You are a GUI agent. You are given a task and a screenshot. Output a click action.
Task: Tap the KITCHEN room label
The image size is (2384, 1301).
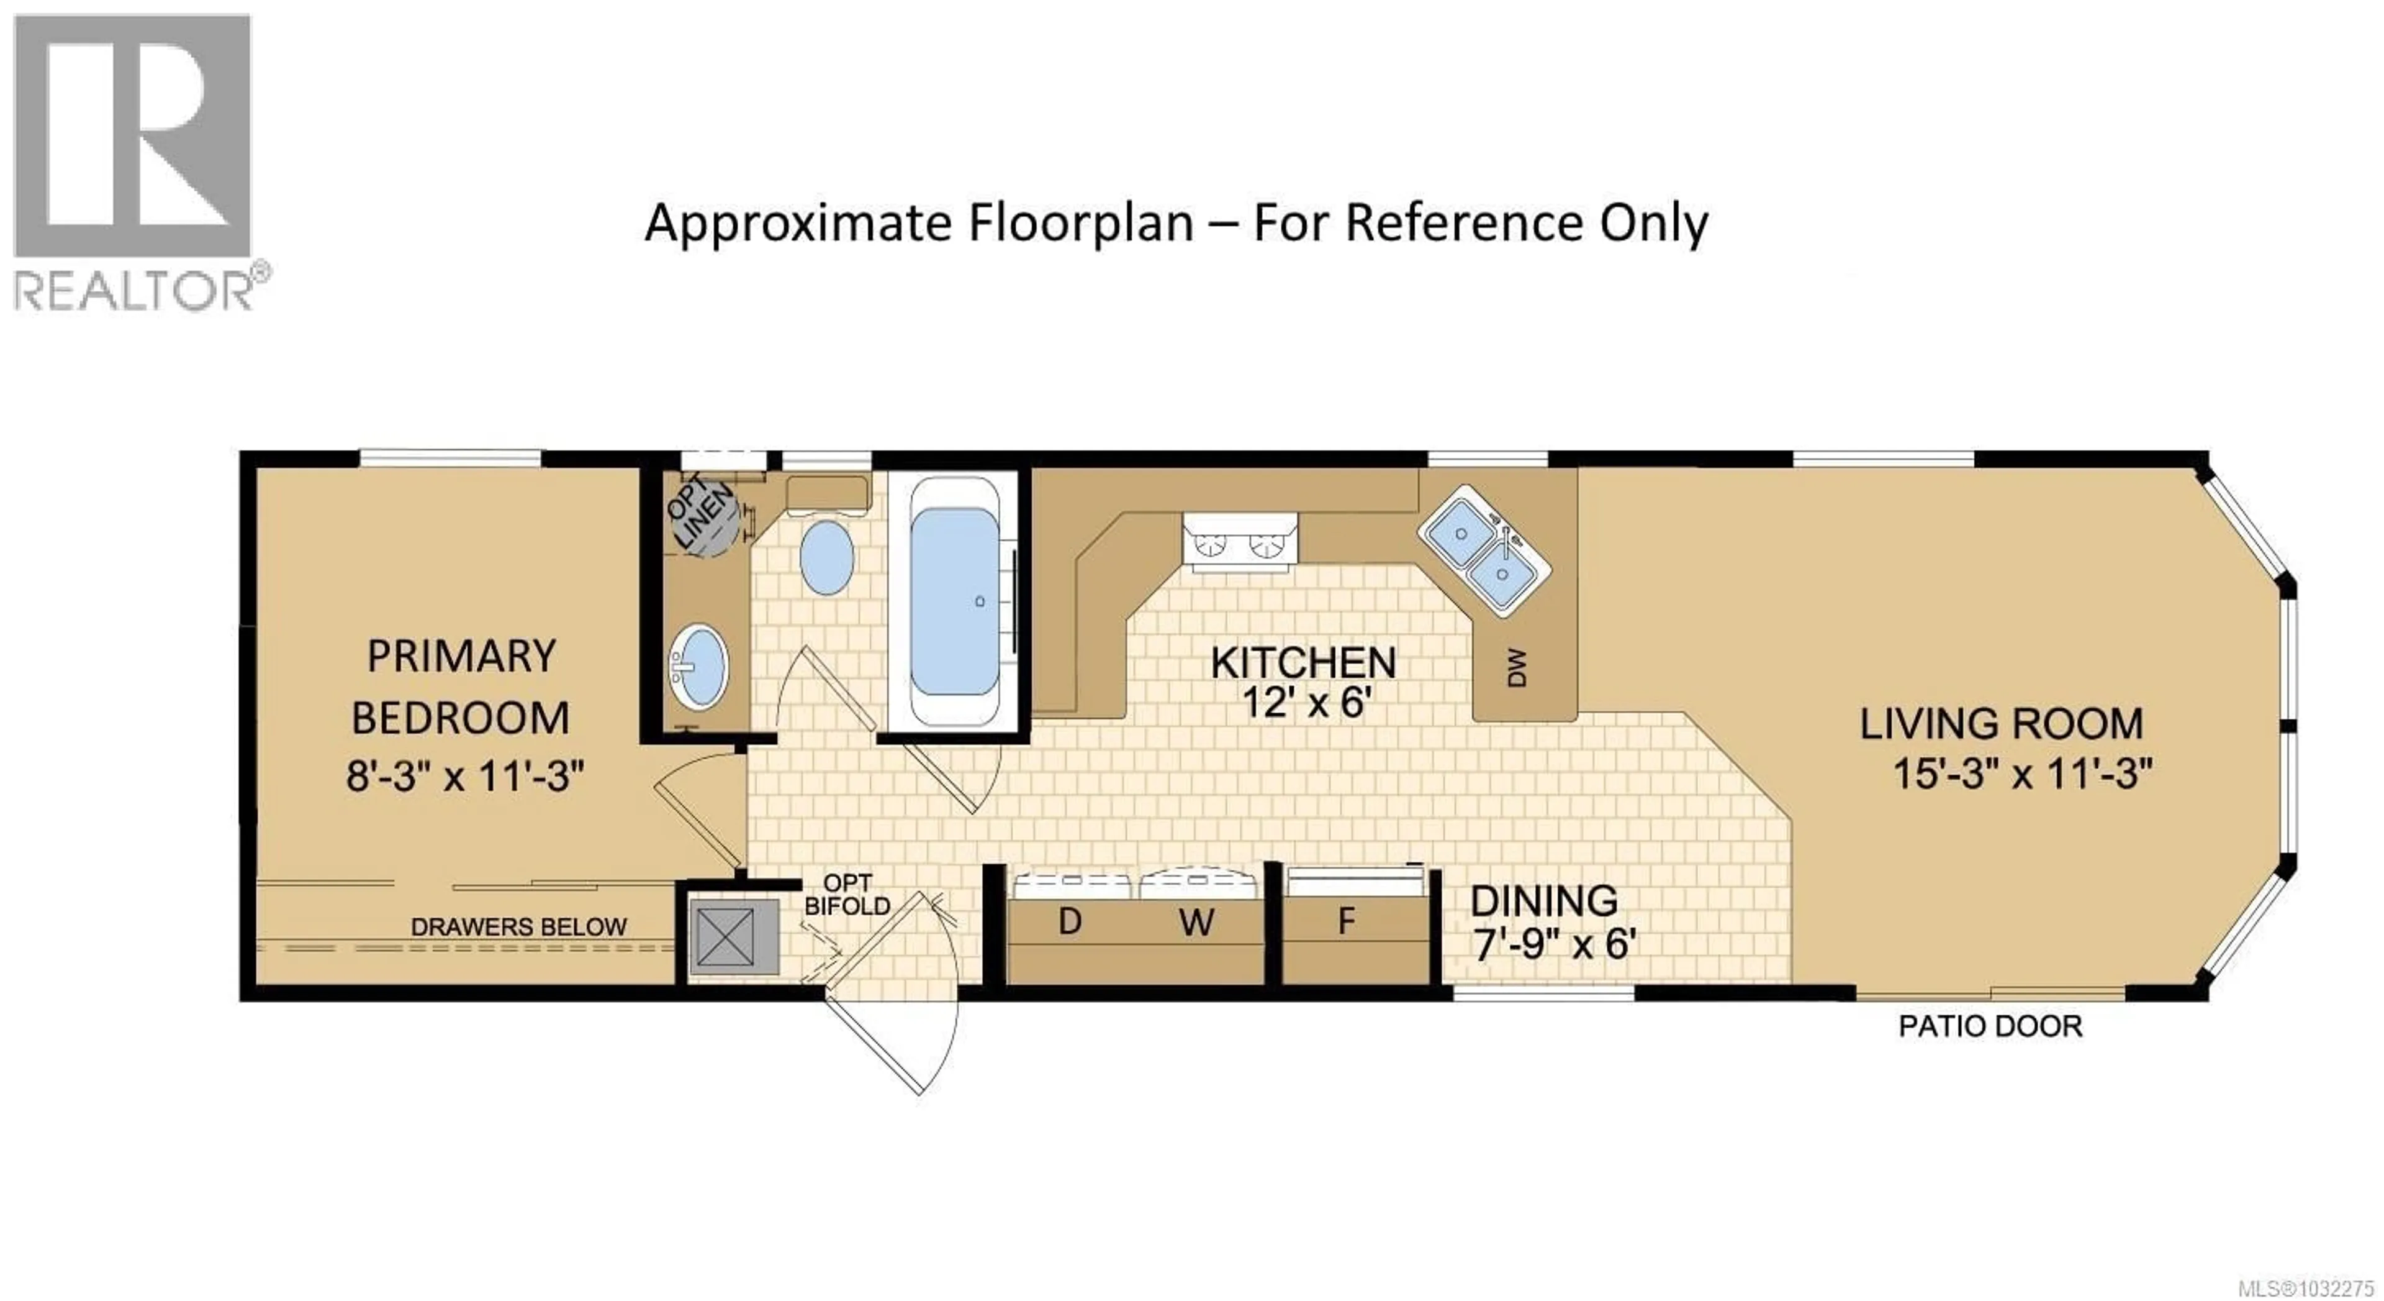[1303, 663]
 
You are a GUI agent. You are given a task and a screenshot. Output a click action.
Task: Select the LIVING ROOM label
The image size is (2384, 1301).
[2001, 724]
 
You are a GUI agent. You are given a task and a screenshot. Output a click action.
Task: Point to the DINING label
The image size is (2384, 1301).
[1543, 901]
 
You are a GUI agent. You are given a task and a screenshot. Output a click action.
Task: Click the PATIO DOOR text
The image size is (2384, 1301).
[1990, 1026]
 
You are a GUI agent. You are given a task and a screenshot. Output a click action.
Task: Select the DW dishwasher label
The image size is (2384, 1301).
[1516, 667]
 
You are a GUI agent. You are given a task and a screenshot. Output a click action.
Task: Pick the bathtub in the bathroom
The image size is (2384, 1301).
[955, 602]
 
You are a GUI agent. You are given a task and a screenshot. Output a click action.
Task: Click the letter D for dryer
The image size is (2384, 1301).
[1070, 921]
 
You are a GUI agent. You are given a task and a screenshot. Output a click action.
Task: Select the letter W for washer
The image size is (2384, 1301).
[1196, 922]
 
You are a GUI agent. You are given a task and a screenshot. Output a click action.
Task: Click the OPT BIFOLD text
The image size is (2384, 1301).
[847, 895]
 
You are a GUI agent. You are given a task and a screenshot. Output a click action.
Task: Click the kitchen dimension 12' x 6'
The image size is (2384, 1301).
[1303, 704]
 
